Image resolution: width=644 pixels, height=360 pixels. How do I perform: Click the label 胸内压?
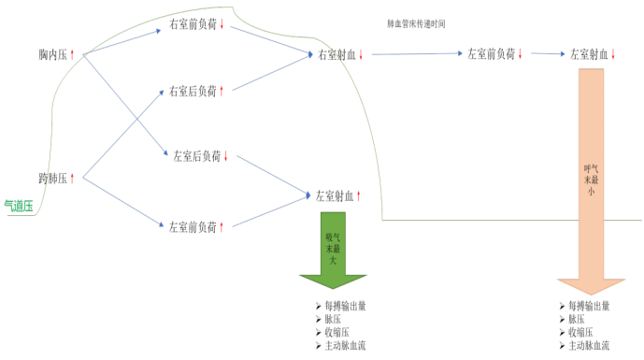pos(52,56)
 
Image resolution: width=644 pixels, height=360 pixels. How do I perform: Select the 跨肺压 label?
pos(52,178)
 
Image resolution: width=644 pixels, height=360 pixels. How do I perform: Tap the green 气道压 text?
pos(19,207)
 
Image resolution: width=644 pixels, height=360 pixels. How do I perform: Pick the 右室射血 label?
pos(337,55)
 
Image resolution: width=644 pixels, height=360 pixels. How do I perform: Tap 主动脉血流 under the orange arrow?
pos(594,346)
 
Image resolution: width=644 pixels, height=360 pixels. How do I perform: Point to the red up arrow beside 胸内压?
pos(73,56)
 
